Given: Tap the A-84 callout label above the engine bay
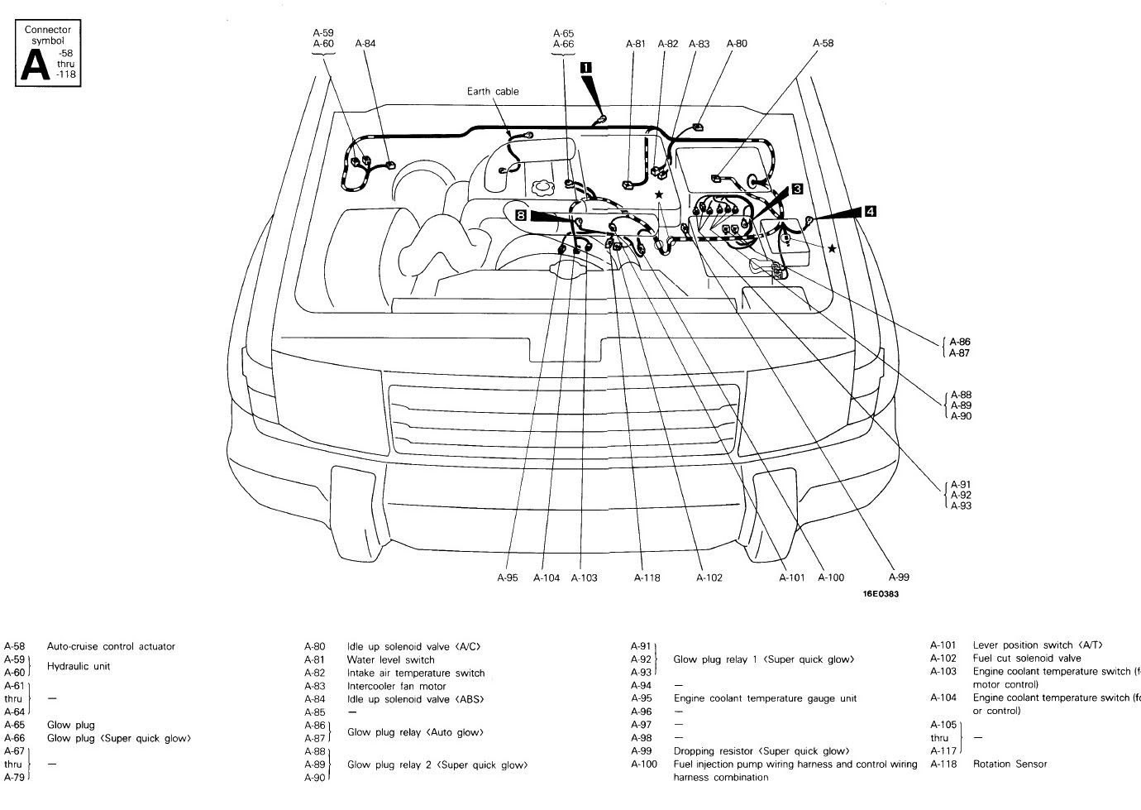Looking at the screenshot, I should (365, 44).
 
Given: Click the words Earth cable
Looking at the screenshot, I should (493, 92).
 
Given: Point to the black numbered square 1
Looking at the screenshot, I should (585, 68).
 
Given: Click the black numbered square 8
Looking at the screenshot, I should (520, 215).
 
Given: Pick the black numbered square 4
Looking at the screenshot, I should (870, 211).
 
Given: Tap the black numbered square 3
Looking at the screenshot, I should (797, 189).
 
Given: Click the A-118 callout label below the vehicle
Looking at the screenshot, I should (647, 578).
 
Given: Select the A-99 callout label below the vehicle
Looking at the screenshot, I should (898, 578).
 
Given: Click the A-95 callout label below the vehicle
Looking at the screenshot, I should (508, 578).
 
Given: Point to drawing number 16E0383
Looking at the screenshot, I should (881, 594).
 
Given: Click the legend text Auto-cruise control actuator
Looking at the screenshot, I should (111, 646).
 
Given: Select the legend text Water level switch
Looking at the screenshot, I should (391, 659).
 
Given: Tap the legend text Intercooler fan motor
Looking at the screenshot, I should (397, 686).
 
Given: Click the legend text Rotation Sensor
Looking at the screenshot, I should (1010, 764).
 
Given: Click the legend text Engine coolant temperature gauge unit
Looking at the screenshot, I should (765, 698).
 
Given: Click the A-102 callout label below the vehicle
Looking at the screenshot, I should (709, 578).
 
